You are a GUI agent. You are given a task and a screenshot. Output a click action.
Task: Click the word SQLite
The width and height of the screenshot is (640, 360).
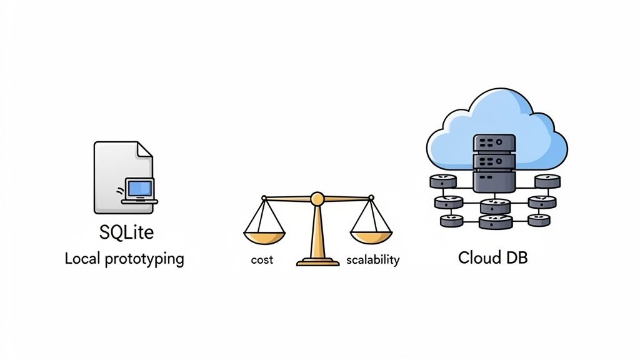click(x=127, y=232)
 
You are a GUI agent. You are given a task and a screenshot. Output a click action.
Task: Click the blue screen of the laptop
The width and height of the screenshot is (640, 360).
click(x=139, y=187)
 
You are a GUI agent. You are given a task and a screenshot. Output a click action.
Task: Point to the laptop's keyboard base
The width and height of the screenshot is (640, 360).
click(x=139, y=201)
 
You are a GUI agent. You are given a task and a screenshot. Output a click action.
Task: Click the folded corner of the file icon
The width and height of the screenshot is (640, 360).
click(x=144, y=149)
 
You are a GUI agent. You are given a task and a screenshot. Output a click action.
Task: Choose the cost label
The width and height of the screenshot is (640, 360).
click(x=262, y=260)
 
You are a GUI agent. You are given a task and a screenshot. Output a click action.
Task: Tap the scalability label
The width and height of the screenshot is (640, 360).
click(x=372, y=260)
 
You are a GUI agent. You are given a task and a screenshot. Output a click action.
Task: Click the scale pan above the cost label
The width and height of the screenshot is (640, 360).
click(x=264, y=237)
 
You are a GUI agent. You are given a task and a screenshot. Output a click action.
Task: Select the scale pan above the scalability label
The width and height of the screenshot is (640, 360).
click(x=371, y=237)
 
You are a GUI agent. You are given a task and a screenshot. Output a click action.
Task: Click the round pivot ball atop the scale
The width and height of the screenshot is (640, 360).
click(x=317, y=199)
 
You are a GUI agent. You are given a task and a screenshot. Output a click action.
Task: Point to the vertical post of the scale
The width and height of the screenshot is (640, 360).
click(x=317, y=231)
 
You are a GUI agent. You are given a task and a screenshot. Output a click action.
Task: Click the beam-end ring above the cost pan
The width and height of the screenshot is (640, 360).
click(x=264, y=198)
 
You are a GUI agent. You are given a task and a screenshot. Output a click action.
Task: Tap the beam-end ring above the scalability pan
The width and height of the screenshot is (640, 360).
click(x=371, y=198)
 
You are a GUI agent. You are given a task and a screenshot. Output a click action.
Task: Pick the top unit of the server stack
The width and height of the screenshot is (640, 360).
click(x=494, y=143)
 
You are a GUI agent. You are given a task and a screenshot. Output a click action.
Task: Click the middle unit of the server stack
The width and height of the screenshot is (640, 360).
click(x=494, y=161)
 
